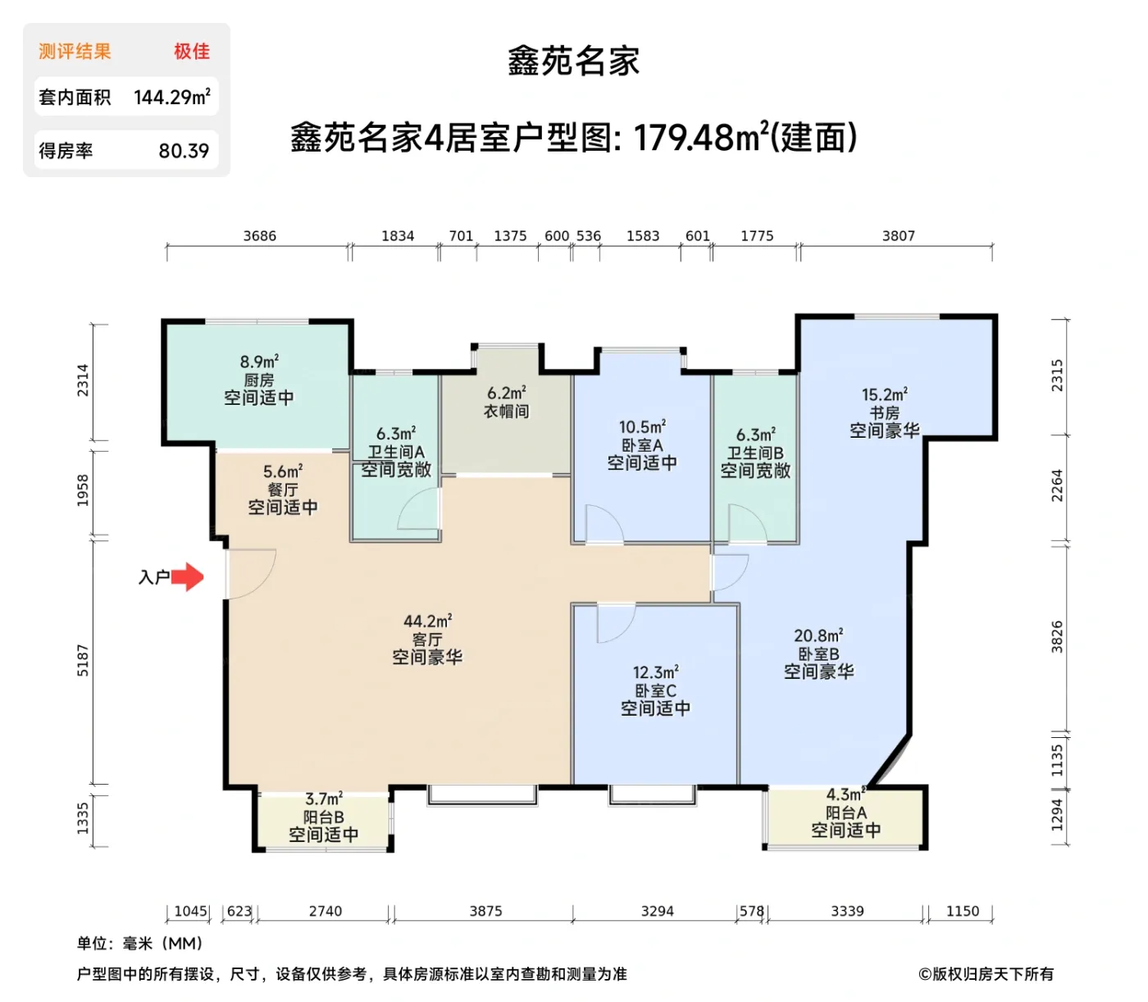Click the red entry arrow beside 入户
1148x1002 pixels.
click(189, 577)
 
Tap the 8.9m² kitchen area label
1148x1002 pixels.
click(259, 362)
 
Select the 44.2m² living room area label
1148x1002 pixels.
click(427, 622)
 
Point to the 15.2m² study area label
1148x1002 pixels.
click(884, 395)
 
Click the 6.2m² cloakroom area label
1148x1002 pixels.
click(506, 394)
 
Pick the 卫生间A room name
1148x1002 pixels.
click(396, 452)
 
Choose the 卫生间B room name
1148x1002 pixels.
click(755, 453)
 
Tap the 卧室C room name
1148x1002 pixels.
click(655, 690)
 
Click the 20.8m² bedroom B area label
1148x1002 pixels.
click(818, 635)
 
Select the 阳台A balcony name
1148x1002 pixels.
click(845, 813)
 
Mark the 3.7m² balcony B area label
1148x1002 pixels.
click(324, 799)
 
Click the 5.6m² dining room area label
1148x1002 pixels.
click(283, 471)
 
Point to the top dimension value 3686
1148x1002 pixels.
click(259, 236)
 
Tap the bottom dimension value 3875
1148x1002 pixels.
click(485, 911)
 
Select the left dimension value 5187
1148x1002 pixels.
click(83, 660)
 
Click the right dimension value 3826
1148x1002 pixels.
click(1057, 637)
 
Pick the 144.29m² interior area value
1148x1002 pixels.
click(172, 98)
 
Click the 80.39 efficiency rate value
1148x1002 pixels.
click(184, 151)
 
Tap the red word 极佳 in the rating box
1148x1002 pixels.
click(192, 52)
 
